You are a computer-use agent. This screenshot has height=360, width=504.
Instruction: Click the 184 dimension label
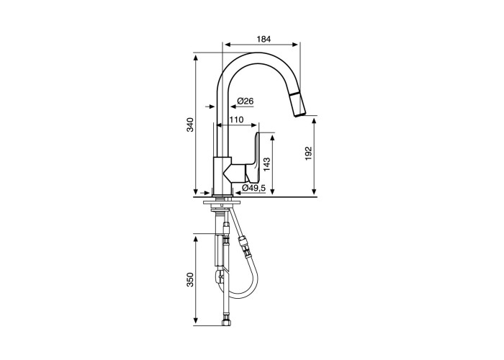point(264,39)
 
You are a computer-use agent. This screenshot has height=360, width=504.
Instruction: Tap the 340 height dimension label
point(191,125)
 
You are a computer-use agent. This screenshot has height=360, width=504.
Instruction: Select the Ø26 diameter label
point(246,102)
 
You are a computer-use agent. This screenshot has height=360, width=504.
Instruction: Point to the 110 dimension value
point(236,120)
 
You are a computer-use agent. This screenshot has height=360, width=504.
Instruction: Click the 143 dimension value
point(266,164)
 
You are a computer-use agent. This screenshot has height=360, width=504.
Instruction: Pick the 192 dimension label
point(309,153)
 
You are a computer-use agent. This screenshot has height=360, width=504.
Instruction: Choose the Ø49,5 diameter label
point(253,189)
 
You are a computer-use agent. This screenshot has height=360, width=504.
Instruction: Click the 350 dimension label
point(191,279)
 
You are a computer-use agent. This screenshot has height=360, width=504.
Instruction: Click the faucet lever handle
point(254,158)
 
